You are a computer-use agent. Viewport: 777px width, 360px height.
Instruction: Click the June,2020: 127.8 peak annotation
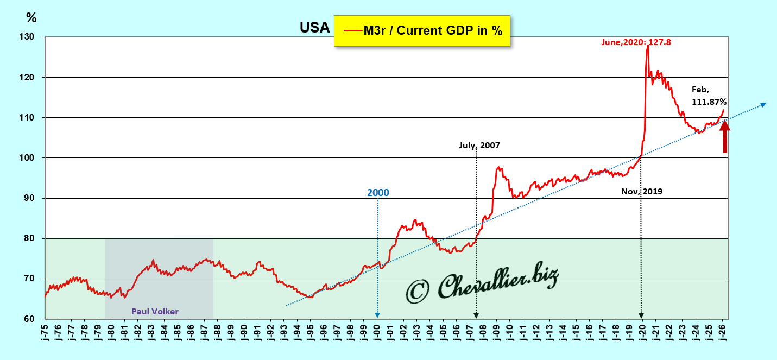pos(636,42)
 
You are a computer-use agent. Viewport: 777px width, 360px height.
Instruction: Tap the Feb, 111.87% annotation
pos(709,96)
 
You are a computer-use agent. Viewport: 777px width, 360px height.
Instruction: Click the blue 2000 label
pos(378,193)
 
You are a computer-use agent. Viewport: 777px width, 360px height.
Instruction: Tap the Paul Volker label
pos(155,311)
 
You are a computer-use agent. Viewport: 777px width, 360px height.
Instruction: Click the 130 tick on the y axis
pos(27,37)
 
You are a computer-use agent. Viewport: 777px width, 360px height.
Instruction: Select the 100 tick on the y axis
pos(27,158)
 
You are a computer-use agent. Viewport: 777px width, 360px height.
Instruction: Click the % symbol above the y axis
pos(31,18)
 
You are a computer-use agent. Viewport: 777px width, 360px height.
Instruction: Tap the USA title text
pos(315,28)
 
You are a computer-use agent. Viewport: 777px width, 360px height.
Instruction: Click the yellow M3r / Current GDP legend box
pos(422,31)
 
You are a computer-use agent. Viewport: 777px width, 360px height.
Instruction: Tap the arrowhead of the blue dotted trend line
pos(763,104)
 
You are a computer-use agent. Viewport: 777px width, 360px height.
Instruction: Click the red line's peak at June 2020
pos(648,46)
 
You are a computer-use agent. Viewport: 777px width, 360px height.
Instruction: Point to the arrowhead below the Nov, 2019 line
pos(641,315)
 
